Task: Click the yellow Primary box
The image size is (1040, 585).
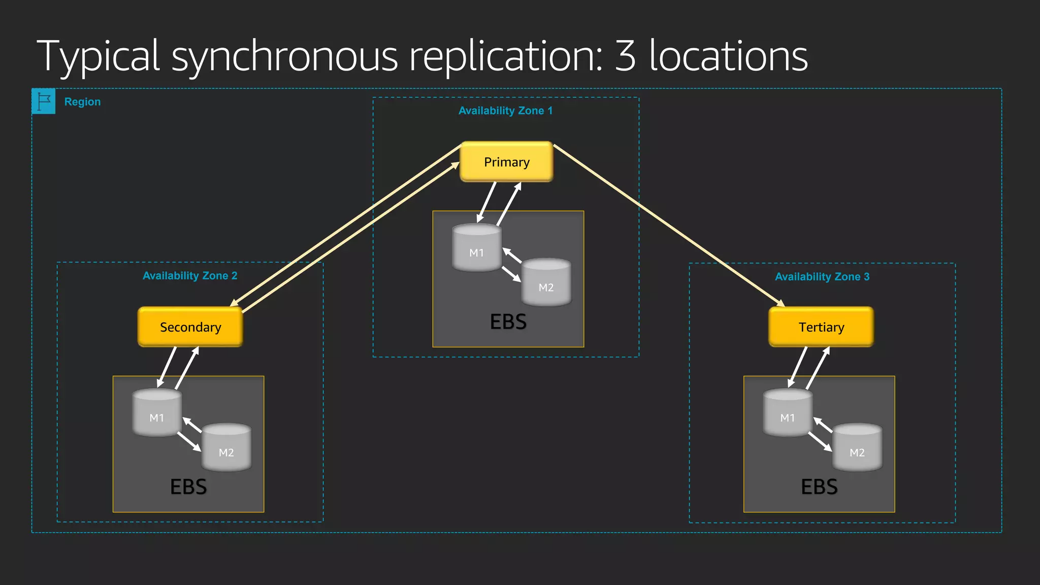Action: click(x=506, y=162)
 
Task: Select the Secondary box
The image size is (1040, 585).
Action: click(x=190, y=327)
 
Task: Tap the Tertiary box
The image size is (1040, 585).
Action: click(x=821, y=327)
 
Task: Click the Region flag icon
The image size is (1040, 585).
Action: click(x=44, y=101)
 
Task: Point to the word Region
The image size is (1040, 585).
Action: click(x=82, y=102)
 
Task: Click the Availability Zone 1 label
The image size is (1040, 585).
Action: click(x=505, y=111)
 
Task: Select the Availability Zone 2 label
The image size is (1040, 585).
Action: click(x=190, y=276)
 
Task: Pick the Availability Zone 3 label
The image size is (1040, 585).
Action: click(x=822, y=277)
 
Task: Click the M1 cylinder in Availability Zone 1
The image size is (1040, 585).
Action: click(x=476, y=249)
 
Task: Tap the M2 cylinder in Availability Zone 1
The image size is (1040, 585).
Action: click(x=546, y=283)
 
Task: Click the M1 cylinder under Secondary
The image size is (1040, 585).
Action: click(x=157, y=414)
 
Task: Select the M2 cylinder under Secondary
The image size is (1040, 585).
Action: click(x=226, y=448)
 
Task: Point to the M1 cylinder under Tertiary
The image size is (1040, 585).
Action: click(x=788, y=414)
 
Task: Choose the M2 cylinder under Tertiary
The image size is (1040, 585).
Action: click(x=857, y=448)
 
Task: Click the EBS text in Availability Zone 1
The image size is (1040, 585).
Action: click(x=508, y=322)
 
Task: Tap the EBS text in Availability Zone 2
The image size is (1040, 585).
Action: click(x=188, y=487)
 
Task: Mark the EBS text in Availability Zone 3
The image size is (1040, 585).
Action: click(x=819, y=487)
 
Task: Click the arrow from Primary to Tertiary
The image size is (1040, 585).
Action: click(x=670, y=226)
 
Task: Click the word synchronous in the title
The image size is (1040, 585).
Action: click(x=285, y=57)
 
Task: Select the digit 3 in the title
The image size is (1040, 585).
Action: click(x=625, y=56)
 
